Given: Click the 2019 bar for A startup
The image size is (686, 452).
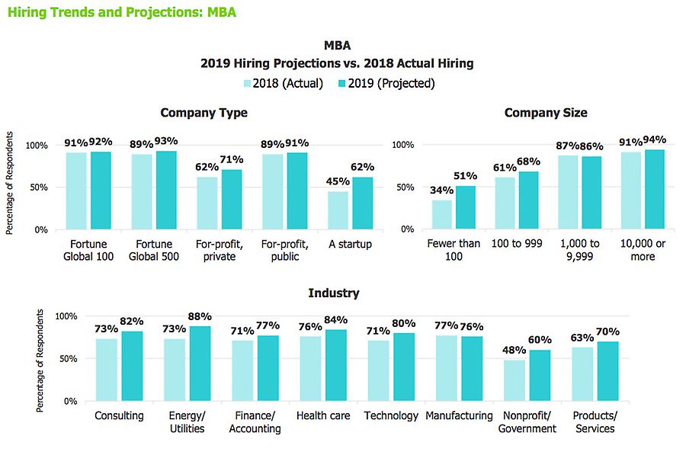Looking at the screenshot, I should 363,203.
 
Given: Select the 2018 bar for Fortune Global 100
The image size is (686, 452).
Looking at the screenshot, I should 76,191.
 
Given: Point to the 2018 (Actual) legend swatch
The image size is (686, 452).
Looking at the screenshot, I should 248,83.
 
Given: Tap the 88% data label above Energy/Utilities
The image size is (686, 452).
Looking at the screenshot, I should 200,317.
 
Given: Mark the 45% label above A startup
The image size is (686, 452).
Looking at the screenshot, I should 338,181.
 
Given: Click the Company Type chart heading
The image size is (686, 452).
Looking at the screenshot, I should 204,113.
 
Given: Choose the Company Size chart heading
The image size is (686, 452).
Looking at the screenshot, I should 546,113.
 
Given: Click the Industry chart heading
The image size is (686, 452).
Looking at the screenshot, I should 333,293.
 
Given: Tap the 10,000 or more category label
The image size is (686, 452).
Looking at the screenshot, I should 643,249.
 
